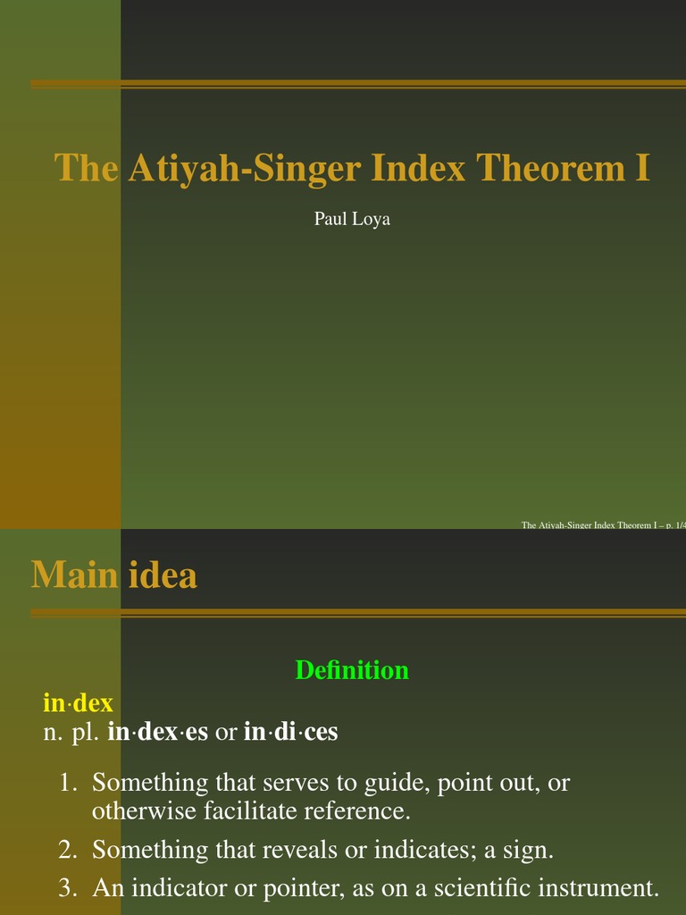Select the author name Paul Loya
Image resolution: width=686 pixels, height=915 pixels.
[352, 218]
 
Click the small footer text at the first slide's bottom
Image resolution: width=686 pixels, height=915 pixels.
[603, 525]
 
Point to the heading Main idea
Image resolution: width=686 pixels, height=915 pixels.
[114, 575]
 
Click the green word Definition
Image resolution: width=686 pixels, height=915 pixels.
[352, 669]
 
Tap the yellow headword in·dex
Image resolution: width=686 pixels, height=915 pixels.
[78, 703]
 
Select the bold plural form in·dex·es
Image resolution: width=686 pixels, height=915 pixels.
[157, 733]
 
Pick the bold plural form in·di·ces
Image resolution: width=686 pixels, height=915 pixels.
[290, 733]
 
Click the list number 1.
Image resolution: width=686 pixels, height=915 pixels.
[68, 783]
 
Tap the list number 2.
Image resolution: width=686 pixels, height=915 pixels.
[68, 850]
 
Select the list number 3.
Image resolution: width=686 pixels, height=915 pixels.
[68, 888]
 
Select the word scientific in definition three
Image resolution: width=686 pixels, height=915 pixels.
[474, 888]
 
